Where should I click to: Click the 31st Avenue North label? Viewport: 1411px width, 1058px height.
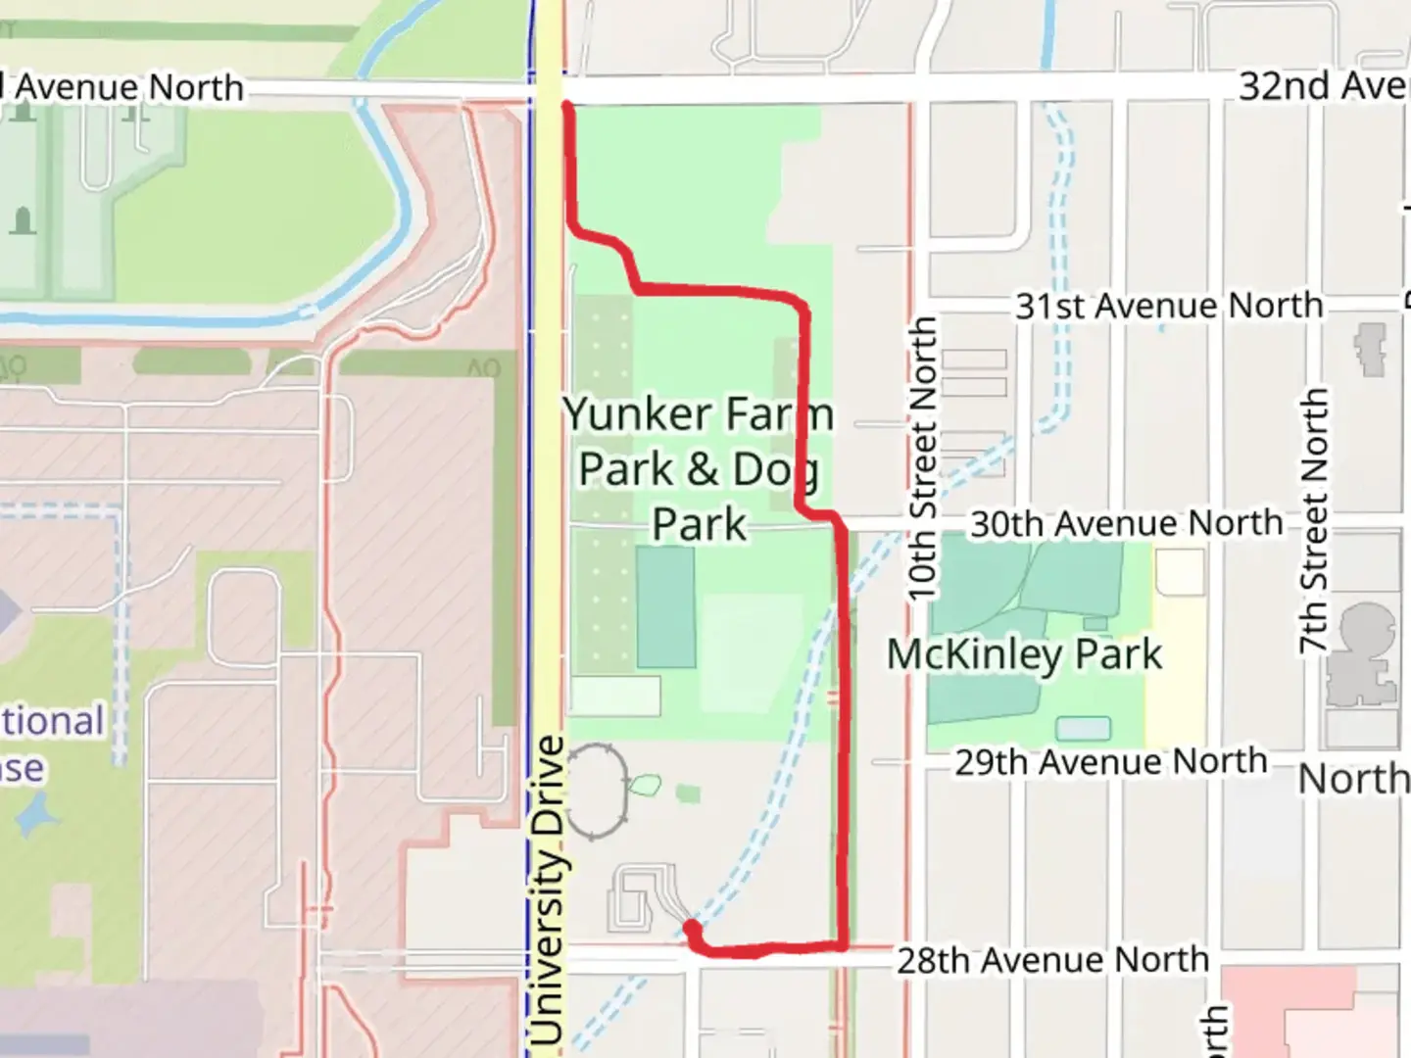click(x=1168, y=306)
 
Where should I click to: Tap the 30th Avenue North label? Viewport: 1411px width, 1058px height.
click(x=1126, y=524)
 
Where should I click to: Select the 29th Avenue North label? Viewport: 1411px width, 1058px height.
click(x=1111, y=762)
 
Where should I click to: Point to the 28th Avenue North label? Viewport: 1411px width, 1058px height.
click(x=1053, y=960)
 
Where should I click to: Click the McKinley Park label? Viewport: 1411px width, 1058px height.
click(x=1024, y=654)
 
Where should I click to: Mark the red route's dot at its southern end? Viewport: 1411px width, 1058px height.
click(x=692, y=928)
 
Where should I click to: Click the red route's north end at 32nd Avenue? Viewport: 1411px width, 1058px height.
click(x=566, y=106)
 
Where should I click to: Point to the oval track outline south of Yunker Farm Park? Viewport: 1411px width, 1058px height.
click(x=595, y=792)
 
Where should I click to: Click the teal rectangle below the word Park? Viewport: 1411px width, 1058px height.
click(x=665, y=606)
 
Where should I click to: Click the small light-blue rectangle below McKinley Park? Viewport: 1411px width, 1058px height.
click(x=1084, y=728)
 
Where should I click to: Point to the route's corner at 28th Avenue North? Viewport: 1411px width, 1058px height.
click(x=842, y=945)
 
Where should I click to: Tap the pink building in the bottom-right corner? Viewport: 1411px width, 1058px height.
click(x=1313, y=1014)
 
